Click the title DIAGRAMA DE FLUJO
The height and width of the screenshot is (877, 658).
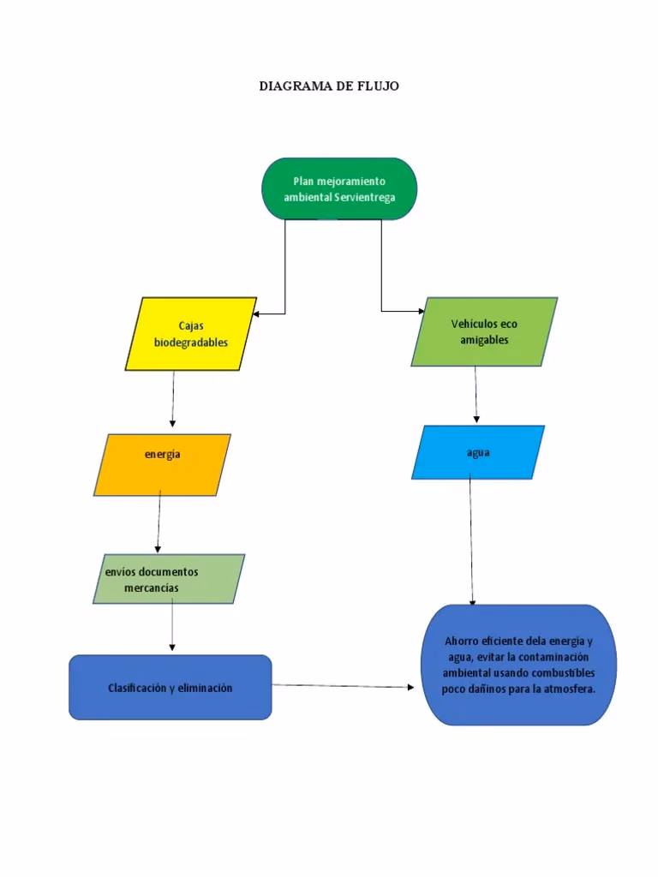point(329,87)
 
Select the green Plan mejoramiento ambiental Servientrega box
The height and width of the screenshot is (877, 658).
point(339,188)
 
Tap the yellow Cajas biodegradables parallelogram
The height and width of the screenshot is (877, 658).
point(191,334)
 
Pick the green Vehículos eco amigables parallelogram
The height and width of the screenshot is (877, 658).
point(484,331)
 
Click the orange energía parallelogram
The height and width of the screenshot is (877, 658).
point(162,464)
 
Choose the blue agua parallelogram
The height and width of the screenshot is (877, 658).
point(478,452)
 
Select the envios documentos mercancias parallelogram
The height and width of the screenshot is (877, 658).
point(169,580)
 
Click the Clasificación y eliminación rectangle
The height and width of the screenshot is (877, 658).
point(170,687)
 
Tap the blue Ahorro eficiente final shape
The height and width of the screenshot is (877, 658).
point(519,665)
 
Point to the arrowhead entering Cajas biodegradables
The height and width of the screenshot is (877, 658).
point(257,314)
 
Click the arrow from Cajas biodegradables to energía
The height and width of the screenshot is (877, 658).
point(173,398)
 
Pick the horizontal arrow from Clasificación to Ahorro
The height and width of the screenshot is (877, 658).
point(343,685)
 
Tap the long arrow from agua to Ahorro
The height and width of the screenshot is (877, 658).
point(471,540)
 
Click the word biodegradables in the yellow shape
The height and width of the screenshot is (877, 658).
point(191,343)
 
